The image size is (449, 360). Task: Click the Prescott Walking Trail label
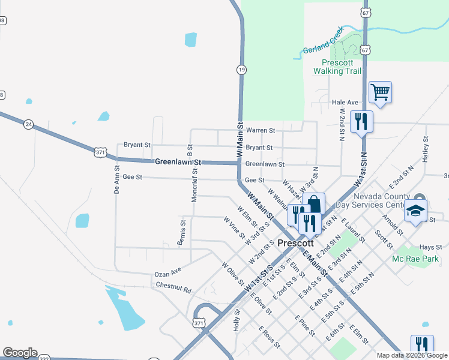337,67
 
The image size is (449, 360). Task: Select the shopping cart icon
380,93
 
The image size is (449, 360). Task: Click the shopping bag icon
313,203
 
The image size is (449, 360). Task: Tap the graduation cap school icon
416,211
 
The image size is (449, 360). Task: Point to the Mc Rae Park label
415,259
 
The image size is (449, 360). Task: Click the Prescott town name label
296,243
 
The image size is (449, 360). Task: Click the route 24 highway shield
28,124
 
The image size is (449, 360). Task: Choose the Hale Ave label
345,103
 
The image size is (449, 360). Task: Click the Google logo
20,353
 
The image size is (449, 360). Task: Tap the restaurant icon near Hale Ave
361,121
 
